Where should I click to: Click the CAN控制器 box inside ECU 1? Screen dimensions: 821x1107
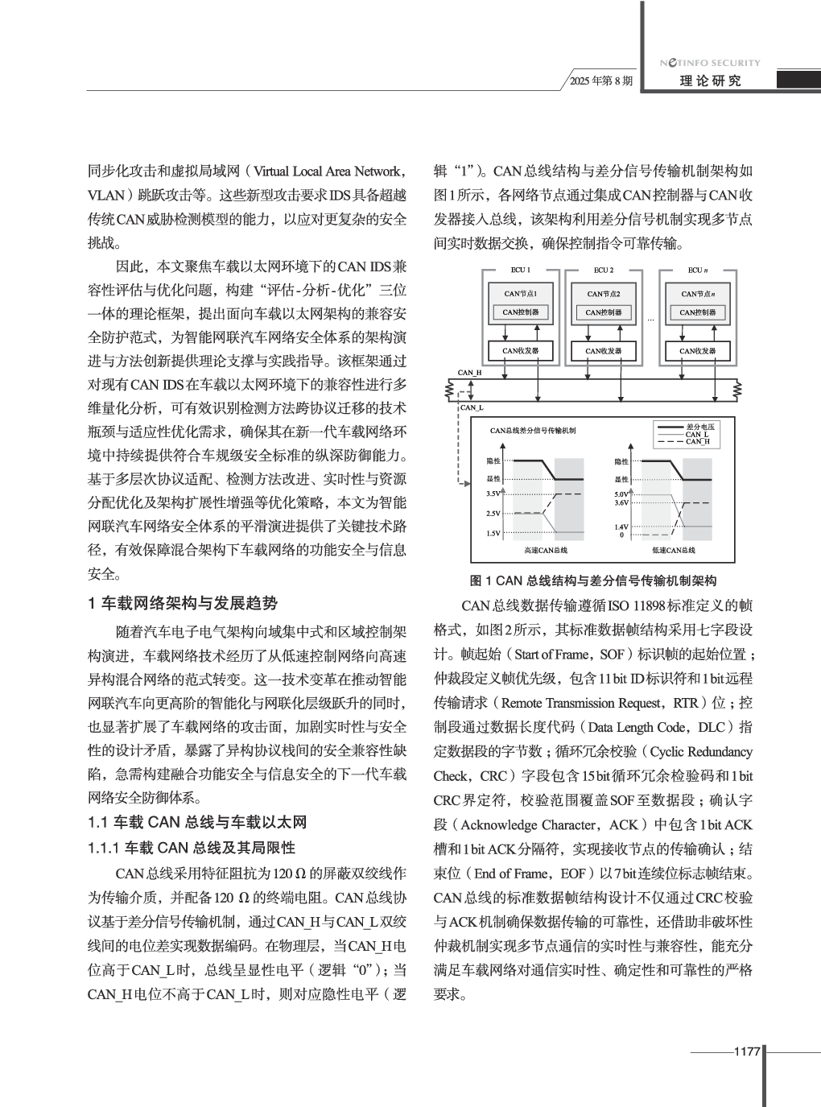click(x=521, y=312)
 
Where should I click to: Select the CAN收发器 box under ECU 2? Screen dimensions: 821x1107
click(x=604, y=351)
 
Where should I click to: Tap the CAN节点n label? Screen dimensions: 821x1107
click(x=698, y=294)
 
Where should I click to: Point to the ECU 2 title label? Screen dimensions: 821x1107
click(x=604, y=270)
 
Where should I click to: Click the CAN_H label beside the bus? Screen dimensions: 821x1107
click(x=469, y=373)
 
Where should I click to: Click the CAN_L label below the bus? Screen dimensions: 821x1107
click(x=471, y=407)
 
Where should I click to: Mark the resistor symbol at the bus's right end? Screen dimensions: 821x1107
click(x=738, y=390)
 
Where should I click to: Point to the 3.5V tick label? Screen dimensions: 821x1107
click(x=493, y=494)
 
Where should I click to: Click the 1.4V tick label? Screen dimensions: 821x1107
click(x=621, y=527)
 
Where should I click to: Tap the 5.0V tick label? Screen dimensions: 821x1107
click(x=621, y=494)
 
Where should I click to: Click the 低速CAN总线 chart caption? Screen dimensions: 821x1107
click(x=673, y=550)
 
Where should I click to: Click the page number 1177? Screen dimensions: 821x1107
click(x=747, y=1051)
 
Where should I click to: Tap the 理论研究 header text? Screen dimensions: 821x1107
click(x=710, y=81)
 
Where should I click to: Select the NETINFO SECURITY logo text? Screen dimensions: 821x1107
click(x=710, y=63)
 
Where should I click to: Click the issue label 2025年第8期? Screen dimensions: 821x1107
click(x=601, y=81)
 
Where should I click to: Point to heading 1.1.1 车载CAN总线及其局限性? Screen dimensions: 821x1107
click(x=191, y=848)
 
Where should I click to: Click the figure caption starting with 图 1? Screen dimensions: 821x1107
click(x=593, y=580)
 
